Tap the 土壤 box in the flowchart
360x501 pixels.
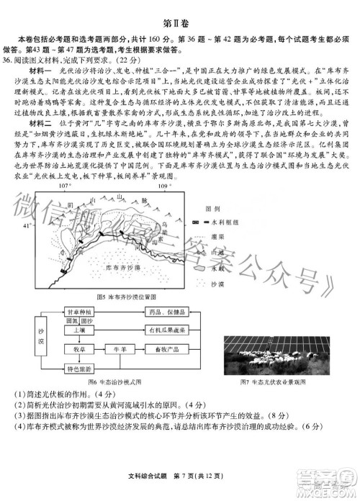point(79,330)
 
